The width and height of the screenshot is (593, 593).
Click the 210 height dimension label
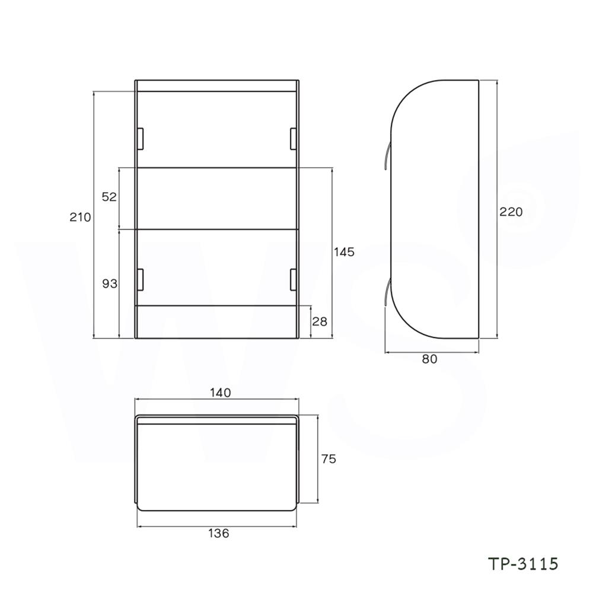coord(80,217)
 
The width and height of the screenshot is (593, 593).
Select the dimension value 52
coord(109,197)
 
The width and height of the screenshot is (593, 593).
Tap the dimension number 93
coord(110,284)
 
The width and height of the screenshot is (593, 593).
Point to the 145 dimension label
coord(344,252)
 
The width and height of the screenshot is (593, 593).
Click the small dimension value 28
coord(320,322)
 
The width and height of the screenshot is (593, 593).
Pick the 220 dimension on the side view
coord(511,212)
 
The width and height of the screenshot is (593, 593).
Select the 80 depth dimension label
coord(430,359)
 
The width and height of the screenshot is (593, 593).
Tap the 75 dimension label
coord(329,459)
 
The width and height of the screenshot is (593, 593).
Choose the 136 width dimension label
coord(218,533)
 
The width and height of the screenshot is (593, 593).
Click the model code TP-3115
coord(523,563)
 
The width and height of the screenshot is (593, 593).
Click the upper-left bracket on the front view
coord(141,138)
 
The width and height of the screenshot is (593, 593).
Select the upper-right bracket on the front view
coord(293,138)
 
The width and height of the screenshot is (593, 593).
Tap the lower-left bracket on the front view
coord(141,279)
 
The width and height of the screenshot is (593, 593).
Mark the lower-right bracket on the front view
coord(293,279)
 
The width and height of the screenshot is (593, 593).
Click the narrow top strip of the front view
coord(217,85)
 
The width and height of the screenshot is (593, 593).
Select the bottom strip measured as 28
coord(217,322)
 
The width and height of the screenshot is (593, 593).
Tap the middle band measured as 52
coord(217,198)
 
